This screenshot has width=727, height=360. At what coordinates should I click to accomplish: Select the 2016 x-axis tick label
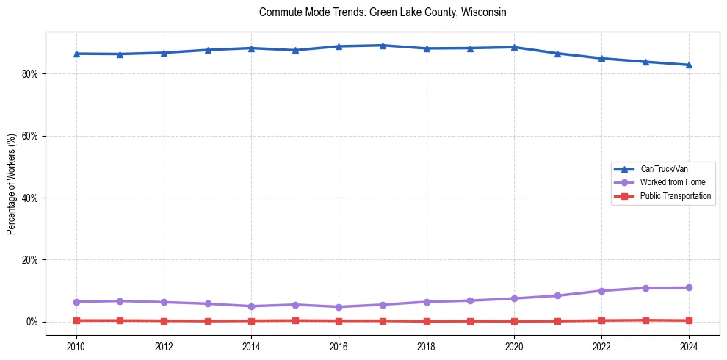339,347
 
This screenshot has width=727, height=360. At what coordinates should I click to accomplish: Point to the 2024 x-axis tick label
689,347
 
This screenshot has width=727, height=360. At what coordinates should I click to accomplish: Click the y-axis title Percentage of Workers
12,184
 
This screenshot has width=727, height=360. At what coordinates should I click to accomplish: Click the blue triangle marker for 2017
383,46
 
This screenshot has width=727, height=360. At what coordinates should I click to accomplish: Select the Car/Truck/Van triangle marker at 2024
689,65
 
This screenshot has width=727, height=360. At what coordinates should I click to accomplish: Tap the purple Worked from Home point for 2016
339,307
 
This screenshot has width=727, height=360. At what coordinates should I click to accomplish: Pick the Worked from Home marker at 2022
601,291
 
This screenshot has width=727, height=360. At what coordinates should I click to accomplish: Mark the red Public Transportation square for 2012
164,321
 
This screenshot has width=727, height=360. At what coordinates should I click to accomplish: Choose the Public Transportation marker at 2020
514,321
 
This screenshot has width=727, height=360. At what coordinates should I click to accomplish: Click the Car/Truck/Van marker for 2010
76,54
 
